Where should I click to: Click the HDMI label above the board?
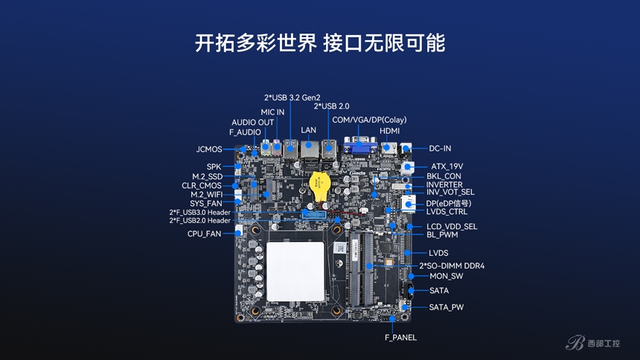click(389, 131)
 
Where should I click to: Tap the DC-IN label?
click(440, 149)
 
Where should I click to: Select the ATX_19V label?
click(447, 167)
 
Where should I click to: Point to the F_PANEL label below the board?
click(401, 338)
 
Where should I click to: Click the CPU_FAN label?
click(204, 234)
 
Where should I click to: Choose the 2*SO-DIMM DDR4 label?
click(452, 266)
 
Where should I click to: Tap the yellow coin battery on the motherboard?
click(319, 187)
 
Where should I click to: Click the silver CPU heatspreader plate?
click(295, 271)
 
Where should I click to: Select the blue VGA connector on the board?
click(359, 145)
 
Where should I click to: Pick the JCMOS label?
click(209, 150)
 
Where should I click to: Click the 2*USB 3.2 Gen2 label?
click(292, 97)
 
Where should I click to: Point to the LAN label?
click(309, 130)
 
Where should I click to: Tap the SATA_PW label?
click(446, 307)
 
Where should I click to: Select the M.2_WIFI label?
click(207, 194)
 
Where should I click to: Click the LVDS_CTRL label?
click(447, 211)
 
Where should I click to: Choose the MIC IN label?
click(272, 112)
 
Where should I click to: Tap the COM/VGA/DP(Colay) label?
click(369, 120)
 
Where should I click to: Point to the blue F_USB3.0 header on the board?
click(314, 213)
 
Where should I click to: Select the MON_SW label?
click(446, 277)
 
